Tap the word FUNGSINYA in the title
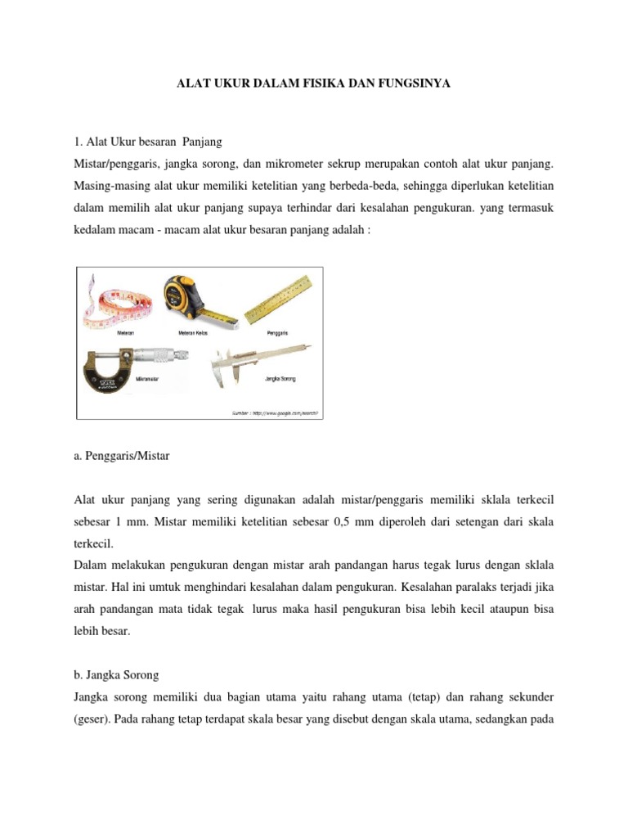(415, 83)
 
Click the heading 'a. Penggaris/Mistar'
(122, 456)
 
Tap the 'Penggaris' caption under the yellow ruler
(277, 333)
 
